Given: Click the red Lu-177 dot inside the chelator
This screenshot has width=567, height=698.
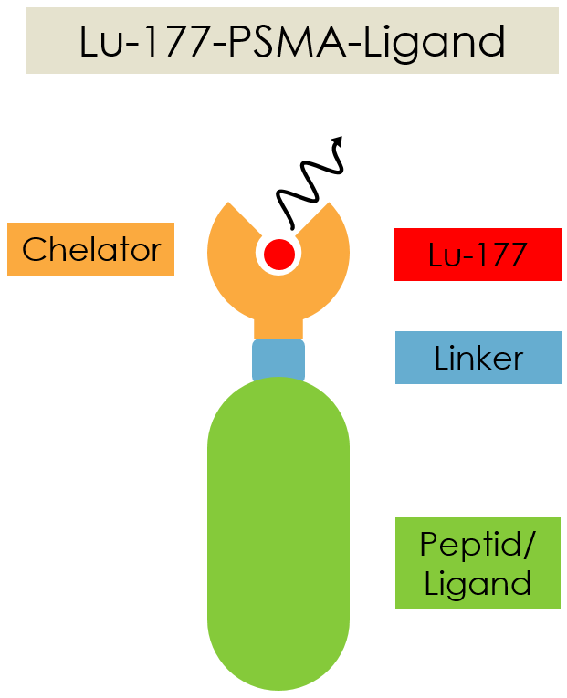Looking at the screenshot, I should tap(278, 252).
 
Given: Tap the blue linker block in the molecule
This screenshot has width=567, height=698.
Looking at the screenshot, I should tap(278, 359).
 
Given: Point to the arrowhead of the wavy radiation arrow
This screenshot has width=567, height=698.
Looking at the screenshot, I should tap(338, 141).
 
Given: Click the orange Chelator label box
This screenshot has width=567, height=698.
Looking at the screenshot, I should tap(90, 249).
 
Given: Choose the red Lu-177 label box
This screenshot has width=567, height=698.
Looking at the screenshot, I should tap(478, 255).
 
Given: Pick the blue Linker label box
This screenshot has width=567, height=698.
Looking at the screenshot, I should tap(478, 358).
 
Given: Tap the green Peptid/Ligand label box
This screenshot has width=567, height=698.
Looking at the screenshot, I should tap(478, 563).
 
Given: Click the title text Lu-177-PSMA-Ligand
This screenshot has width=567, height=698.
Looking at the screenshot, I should tap(292, 41).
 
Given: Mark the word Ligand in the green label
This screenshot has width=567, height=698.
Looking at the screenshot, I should tap(478, 583).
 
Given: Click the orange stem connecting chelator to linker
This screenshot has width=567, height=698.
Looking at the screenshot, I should tap(278, 327).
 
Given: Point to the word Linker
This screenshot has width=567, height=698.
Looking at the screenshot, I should tap(478, 359).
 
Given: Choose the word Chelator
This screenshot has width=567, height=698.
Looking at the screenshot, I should tap(91, 249).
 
